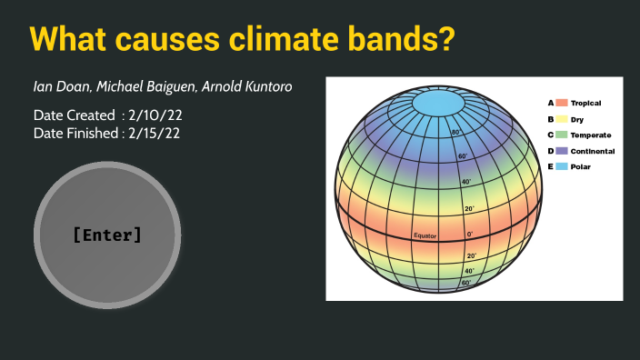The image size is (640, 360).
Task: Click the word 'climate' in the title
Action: (301, 39)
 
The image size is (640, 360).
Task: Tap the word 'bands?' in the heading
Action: (409, 39)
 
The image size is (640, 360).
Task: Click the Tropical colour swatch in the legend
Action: (563, 104)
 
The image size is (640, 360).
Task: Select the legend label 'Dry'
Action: (576, 119)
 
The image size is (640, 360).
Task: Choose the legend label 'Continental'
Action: (592, 151)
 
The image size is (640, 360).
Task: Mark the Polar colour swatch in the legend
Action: (563, 167)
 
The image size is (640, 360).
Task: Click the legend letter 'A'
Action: (550, 104)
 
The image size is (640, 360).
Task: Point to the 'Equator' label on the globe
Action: (425, 235)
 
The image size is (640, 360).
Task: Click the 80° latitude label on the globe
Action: (456, 133)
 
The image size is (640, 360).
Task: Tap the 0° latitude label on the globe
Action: (470, 235)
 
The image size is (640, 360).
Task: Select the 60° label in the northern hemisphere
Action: (463, 156)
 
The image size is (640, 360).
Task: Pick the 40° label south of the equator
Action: (469, 271)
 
